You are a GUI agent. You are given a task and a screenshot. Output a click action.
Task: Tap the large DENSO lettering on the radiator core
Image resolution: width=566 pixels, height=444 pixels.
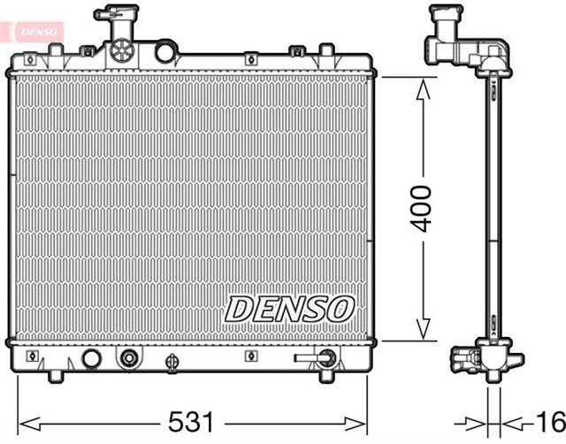click(x=289, y=309)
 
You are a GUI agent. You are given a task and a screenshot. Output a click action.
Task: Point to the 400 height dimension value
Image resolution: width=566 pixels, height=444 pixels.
click(x=424, y=209)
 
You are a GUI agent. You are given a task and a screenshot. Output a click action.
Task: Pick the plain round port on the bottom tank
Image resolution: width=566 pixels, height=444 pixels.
click(x=89, y=358)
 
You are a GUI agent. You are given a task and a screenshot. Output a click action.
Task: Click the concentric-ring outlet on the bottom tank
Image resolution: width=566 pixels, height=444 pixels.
click(x=130, y=358)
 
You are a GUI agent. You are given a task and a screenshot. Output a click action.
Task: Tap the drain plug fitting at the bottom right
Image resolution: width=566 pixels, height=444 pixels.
click(x=325, y=358)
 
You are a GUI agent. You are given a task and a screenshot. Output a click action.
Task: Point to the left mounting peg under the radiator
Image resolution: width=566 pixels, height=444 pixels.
click(x=55, y=375)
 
